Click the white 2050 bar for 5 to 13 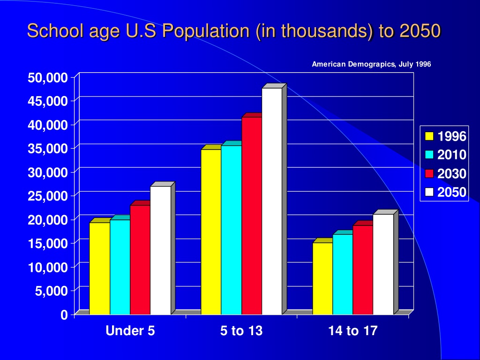(272, 201)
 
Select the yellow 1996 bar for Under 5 (99, 269)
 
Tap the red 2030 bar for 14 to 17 (363, 270)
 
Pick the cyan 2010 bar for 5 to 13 (232, 230)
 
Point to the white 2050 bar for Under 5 (160, 250)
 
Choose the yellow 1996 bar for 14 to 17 (322, 278)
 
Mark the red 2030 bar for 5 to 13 (252, 216)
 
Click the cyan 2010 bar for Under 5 (120, 267)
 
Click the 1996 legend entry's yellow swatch (429, 136)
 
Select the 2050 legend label (451, 192)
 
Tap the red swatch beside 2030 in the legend (429, 173)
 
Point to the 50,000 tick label (48, 77)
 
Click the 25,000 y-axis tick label (48, 196)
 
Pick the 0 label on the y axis (64, 315)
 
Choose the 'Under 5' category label (130, 330)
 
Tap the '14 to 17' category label (353, 330)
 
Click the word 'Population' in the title (206, 31)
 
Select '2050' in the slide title (420, 31)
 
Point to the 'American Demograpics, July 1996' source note (371, 64)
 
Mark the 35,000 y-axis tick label (48, 149)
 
